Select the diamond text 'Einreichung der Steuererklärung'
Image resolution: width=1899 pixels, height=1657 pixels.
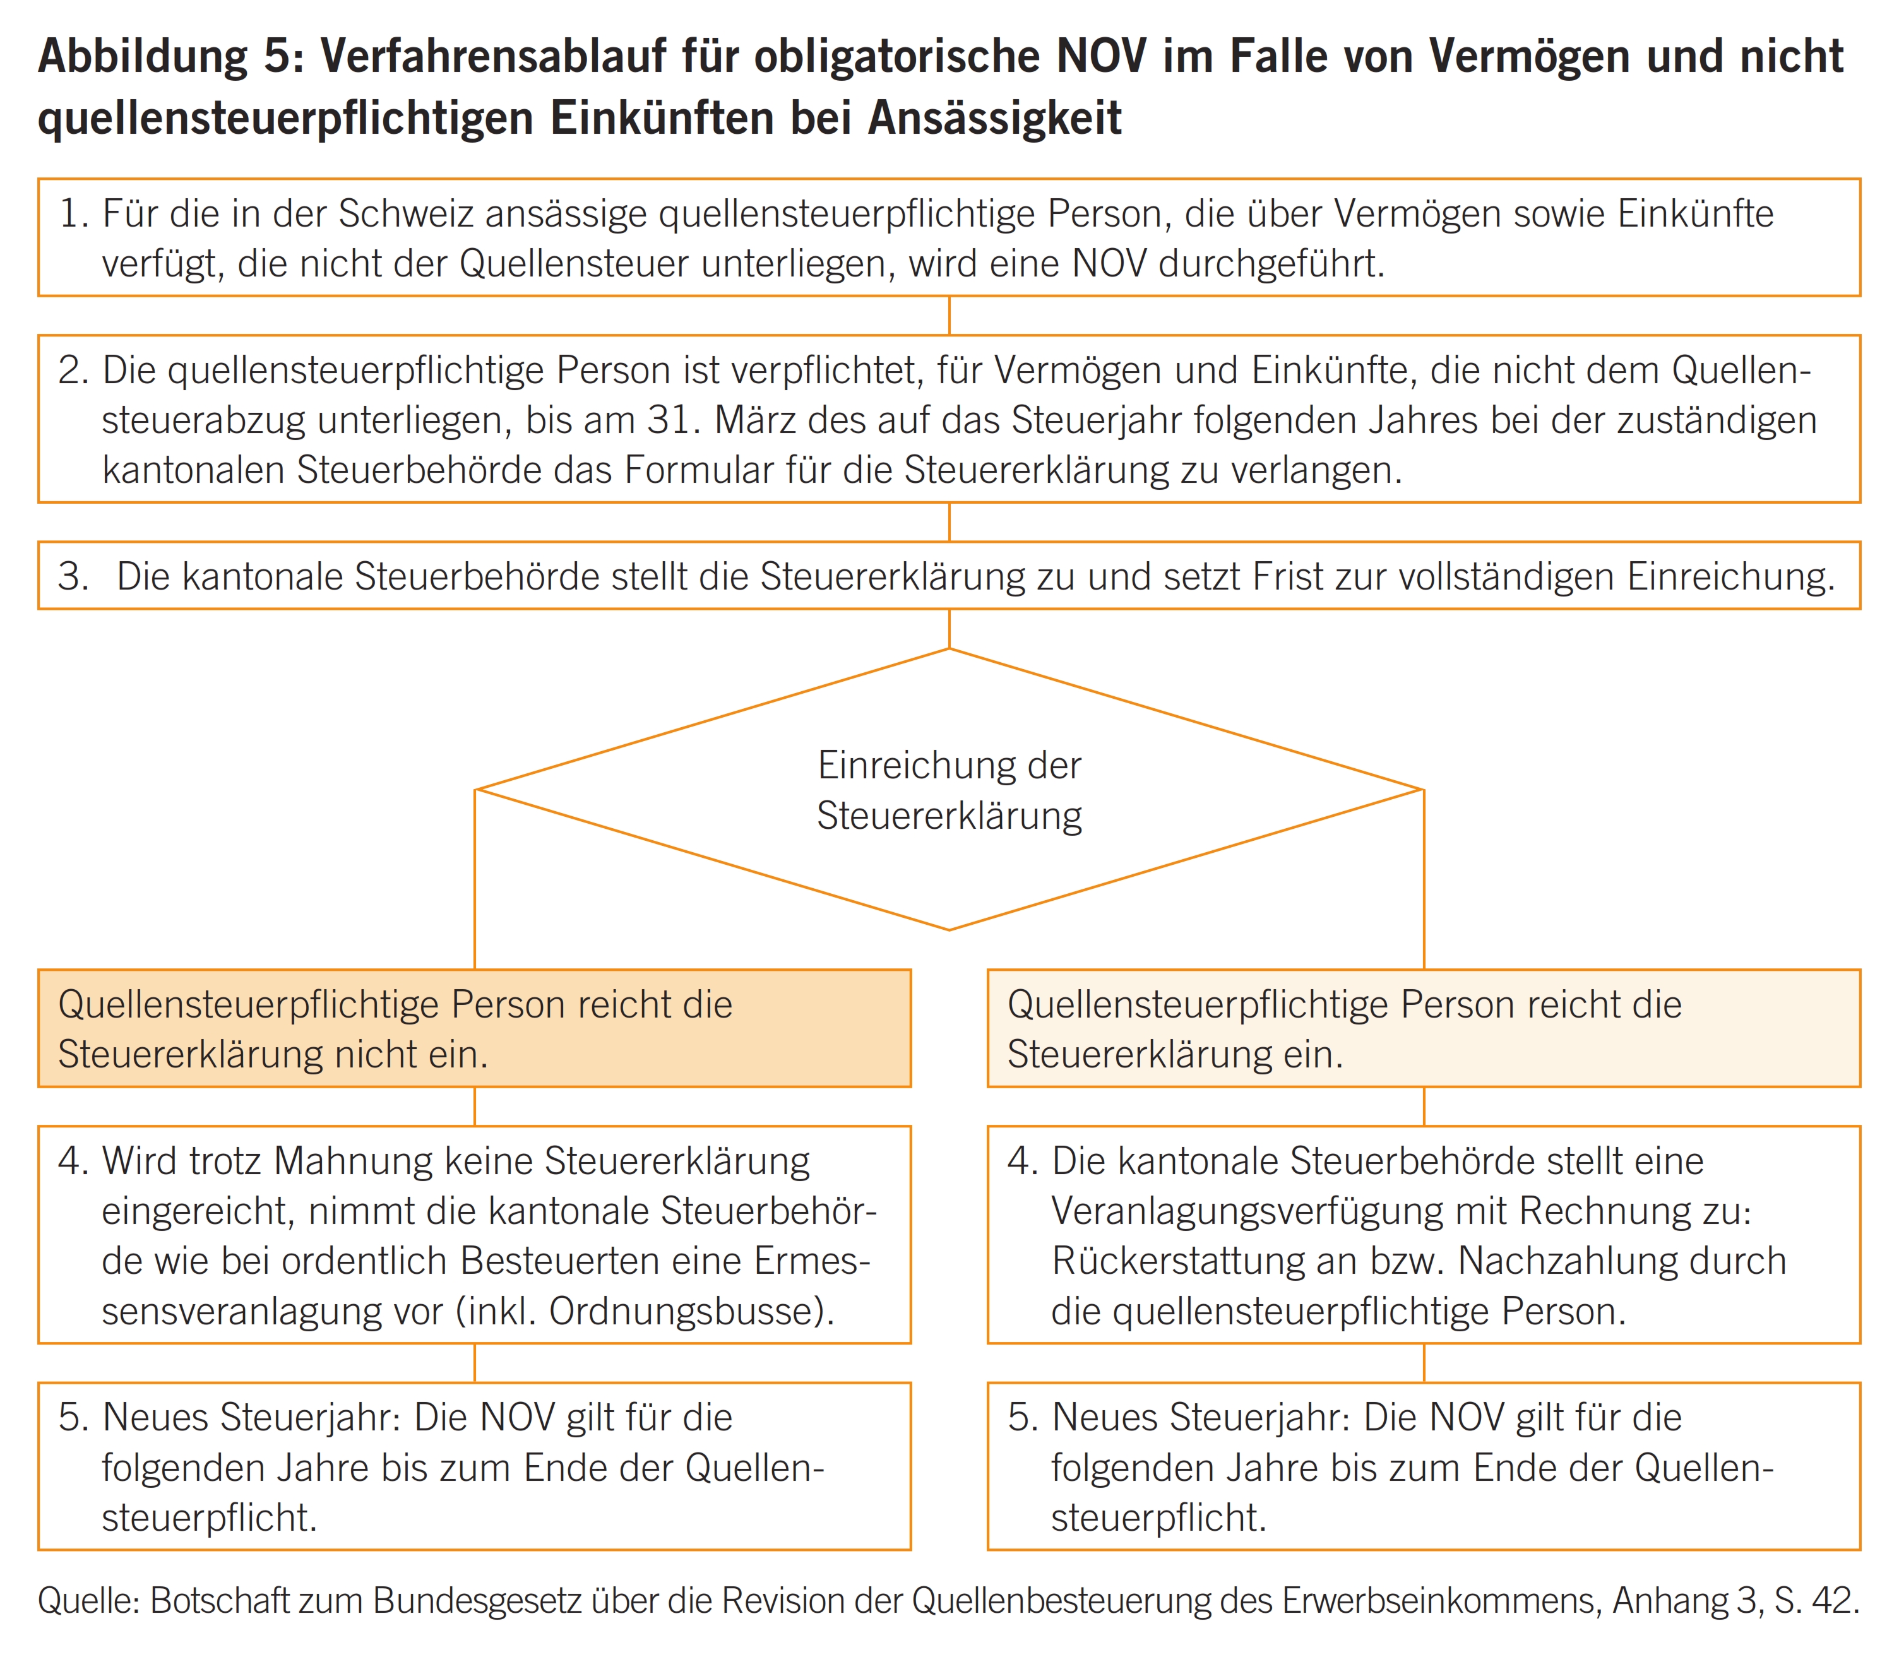click(x=949, y=790)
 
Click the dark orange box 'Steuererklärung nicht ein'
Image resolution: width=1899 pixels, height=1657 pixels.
click(x=473, y=1028)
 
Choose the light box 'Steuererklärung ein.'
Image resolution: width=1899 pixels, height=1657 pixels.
click(x=1423, y=1028)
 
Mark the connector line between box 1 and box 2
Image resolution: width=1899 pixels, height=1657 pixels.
click(x=949, y=316)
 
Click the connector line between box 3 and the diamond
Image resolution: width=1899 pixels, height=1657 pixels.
click(x=949, y=629)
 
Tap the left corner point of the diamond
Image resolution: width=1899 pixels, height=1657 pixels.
click(x=476, y=790)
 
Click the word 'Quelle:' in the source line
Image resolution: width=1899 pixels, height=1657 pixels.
click(x=88, y=1601)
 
